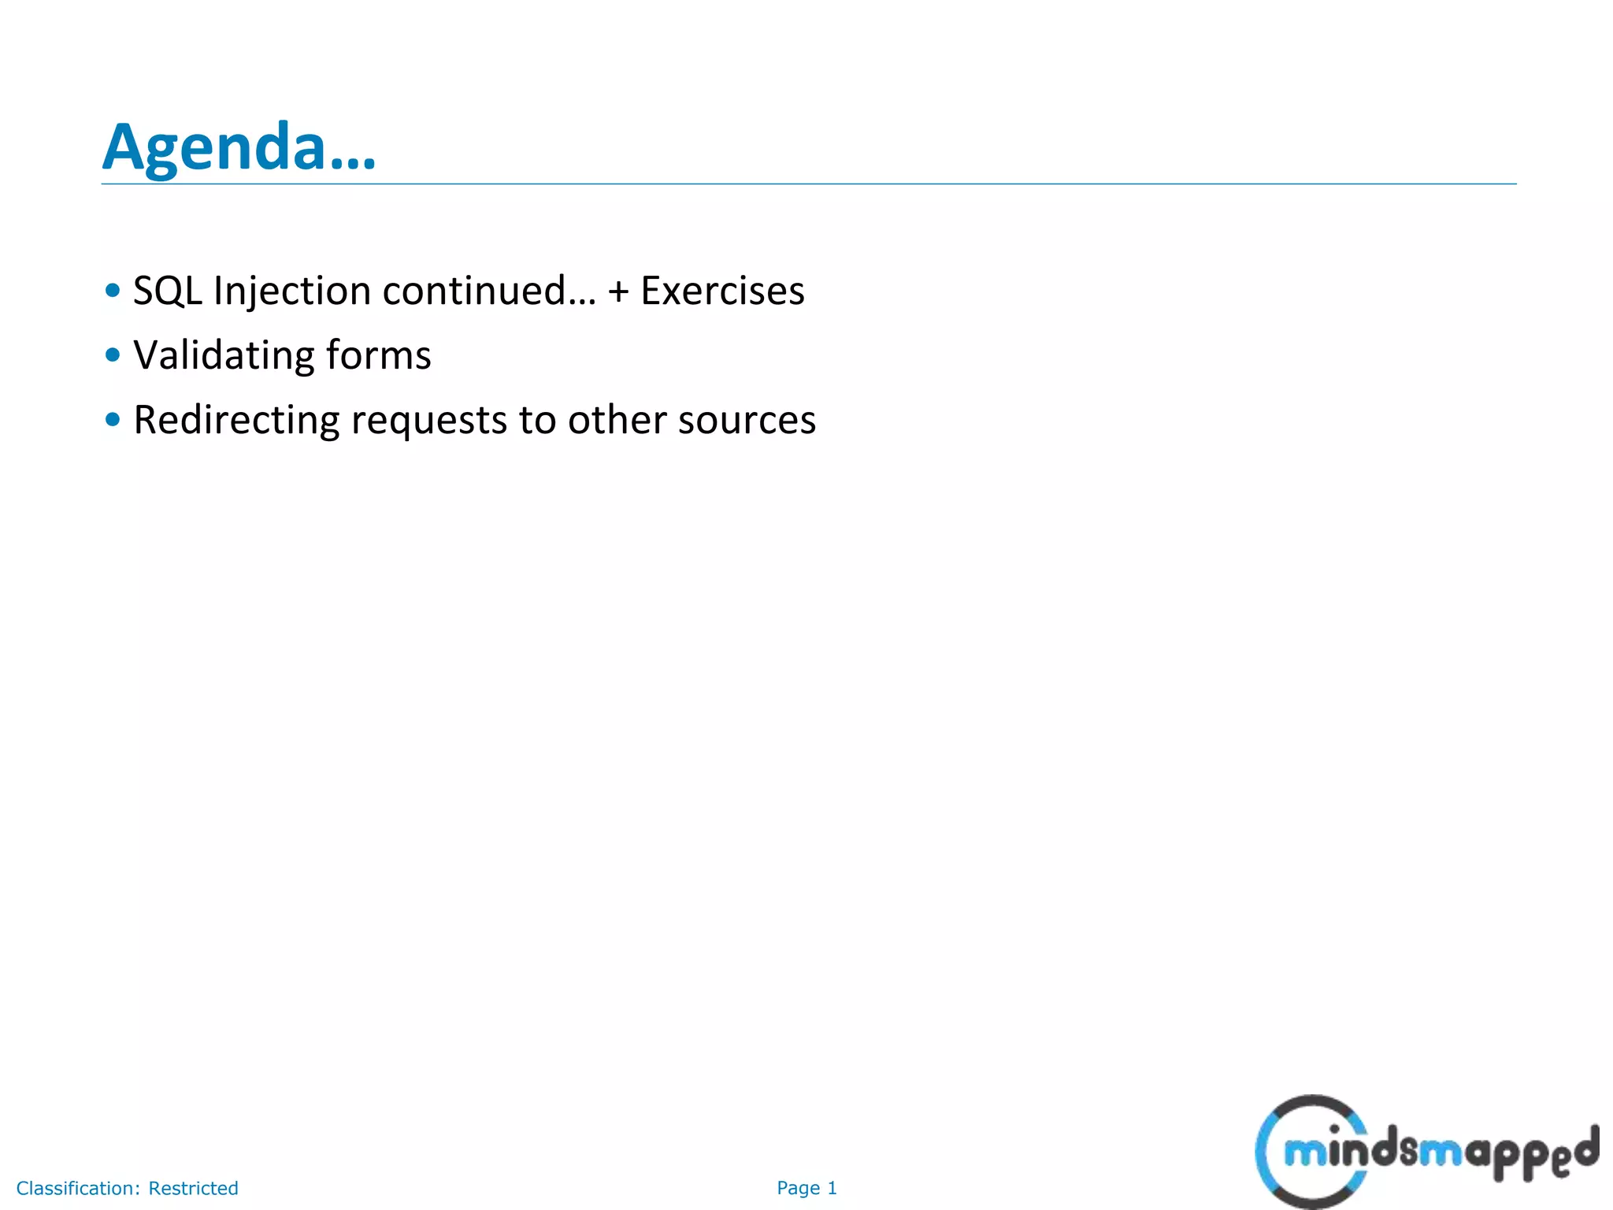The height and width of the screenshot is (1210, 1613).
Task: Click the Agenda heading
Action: pyautogui.click(x=239, y=147)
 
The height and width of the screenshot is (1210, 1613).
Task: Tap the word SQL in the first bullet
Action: pyautogui.click(x=168, y=291)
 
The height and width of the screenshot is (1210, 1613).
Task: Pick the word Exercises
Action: pyautogui.click(x=722, y=291)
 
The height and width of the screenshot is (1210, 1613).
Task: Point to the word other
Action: pyautogui.click(x=617, y=420)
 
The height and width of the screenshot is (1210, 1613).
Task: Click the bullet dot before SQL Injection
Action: pyautogui.click(x=113, y=290)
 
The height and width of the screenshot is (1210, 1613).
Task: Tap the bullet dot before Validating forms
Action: pyautogui.click(x=113, y=354)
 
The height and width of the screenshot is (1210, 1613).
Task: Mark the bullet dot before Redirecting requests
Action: pyautogui.click(x=113, y=419)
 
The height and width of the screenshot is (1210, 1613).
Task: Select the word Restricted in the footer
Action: pyautogui.click(x=193, y=1188)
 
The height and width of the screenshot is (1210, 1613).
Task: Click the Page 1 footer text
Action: pyautogui.click(x=806, y=1188)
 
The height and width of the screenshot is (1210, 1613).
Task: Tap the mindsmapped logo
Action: pyautogui.click(x=1426, y=1152)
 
